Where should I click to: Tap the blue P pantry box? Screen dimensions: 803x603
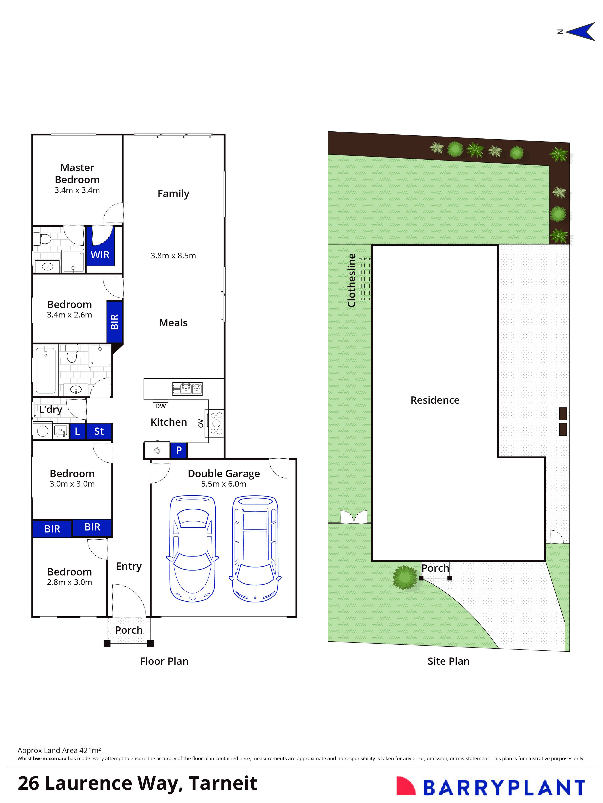coord(179,451)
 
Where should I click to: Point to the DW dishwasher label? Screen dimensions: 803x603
coord(160,406)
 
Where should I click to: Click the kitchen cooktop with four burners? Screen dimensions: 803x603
coord(216,423)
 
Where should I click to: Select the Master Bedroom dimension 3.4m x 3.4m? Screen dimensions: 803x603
coord(77,190)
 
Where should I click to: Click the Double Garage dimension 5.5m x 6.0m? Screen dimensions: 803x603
coord(224,484)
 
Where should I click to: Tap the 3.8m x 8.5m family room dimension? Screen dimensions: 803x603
coord(173,256)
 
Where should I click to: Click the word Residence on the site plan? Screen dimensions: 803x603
coord(435,400)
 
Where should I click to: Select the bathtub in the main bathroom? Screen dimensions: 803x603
coord(46,370)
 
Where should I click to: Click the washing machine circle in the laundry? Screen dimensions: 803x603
coord(43,431)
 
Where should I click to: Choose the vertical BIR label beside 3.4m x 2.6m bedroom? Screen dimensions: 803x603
coord(114,322)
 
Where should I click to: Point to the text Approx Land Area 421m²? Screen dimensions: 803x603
coord(59,750)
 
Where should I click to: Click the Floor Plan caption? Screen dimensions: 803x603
coord(164,661)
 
